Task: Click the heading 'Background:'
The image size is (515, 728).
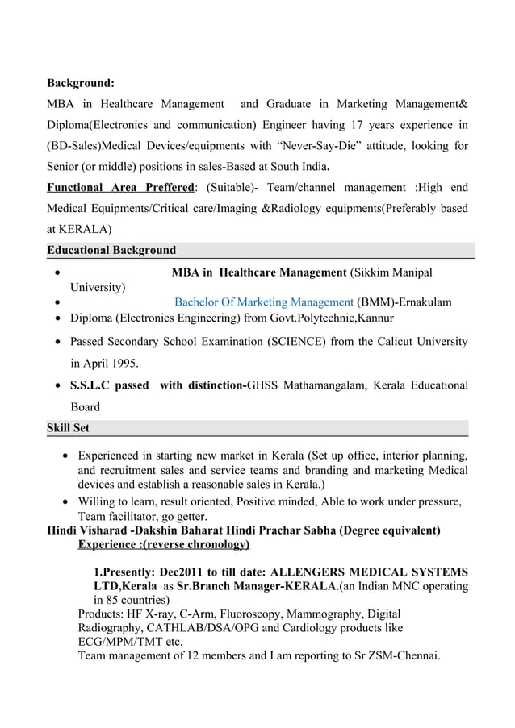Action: [x=80, y=83]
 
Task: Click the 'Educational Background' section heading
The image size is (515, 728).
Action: [x=111, y=250]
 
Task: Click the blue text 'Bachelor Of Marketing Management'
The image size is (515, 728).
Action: [x=264, y=302]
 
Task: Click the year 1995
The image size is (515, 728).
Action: [x=122, y=363]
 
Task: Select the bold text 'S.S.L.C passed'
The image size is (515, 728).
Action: [x=110, y=385]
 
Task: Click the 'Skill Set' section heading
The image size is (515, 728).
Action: [x=69, y=427]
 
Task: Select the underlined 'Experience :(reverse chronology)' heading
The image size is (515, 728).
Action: [x=164, y=545]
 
